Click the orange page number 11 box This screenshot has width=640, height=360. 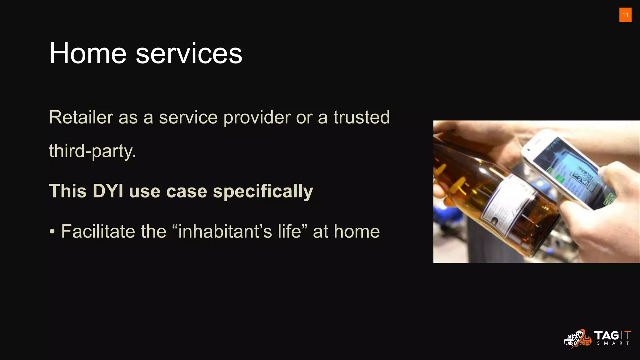pyautogui.click(x=625, y=15)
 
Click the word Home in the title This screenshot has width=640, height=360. pyautogui.click(x=88, y=53)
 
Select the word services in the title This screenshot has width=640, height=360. pyautogui.click(x=189, y=53)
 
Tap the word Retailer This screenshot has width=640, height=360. pyautogui.click(x=81, y=117)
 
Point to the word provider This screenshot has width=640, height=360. pyautogui.click(x=257, y=117)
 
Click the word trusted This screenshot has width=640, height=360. pyautogui.click(x=362, y=117)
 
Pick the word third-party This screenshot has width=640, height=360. pyautogui.click(x=92, y=151)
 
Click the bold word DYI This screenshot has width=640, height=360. pyautogui.click(x=108, y=191)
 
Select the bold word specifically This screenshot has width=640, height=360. pyautogui.click(x=263, y=192)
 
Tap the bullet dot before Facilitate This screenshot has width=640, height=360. pyautogui.click(x=52, y=232)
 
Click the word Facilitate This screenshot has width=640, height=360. pyautogui.click(x=98, y=232)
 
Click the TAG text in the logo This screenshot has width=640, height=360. pyautogui.click(x=606, y=336)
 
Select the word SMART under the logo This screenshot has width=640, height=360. pyautogui.click(x=613, y=343)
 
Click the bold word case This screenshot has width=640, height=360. pyautogui.click(x=187, y=191)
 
